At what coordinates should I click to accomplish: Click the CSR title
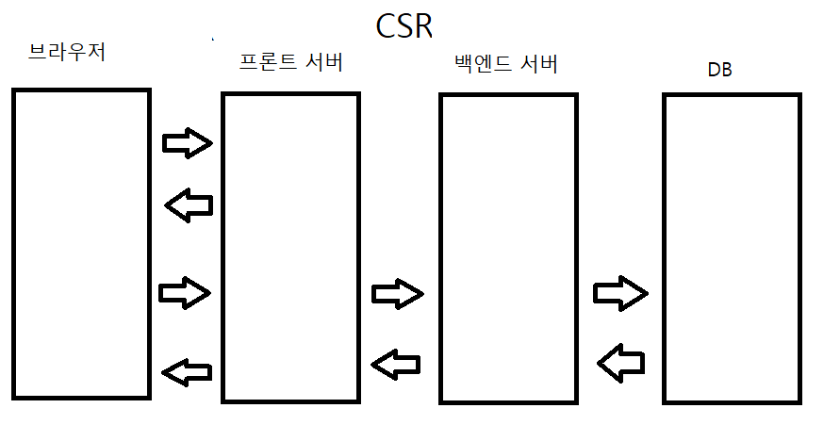click(404, 26)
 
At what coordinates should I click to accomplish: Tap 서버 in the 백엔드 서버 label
click(537, 65)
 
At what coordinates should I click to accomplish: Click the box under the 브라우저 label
click(81, 243)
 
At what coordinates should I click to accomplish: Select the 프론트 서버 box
click(290, 247)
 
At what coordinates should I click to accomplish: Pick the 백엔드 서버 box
click(508, 248)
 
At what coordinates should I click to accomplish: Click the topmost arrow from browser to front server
click(189, 143)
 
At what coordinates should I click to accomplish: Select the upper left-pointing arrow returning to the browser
click(189, 204)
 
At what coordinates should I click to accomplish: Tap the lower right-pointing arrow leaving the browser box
click(186, 292)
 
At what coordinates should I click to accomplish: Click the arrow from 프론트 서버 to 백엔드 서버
click(397, 294)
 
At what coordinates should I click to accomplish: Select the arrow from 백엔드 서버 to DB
click(620, 294)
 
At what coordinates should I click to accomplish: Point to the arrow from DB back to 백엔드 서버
click(622, 362)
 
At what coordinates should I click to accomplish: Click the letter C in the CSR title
click(386, 26)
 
